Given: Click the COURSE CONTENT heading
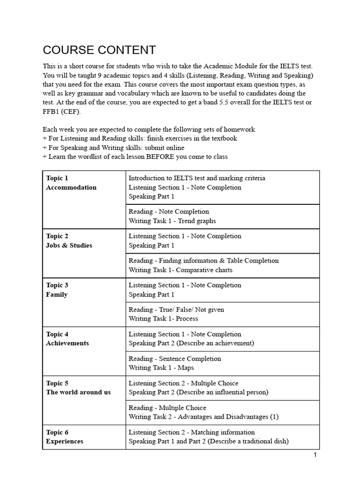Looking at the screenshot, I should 99,50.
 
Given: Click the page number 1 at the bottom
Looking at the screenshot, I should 315,455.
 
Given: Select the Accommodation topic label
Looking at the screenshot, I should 71,187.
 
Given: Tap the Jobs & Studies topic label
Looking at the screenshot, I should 69,246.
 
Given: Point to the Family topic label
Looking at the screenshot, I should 57,294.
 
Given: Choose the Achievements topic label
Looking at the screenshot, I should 67,343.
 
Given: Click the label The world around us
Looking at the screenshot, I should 78,392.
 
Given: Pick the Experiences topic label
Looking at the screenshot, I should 65,441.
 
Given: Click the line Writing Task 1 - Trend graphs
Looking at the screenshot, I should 172,221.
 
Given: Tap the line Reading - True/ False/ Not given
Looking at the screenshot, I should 176,309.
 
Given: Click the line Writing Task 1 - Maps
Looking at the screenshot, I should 161,368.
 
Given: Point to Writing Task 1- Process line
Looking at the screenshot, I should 163,319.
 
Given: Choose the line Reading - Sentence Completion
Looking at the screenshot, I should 175,359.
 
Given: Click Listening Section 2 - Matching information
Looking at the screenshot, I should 192,432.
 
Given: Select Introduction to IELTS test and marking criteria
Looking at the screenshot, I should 196,178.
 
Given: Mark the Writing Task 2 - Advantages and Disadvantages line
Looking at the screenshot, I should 203,417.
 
